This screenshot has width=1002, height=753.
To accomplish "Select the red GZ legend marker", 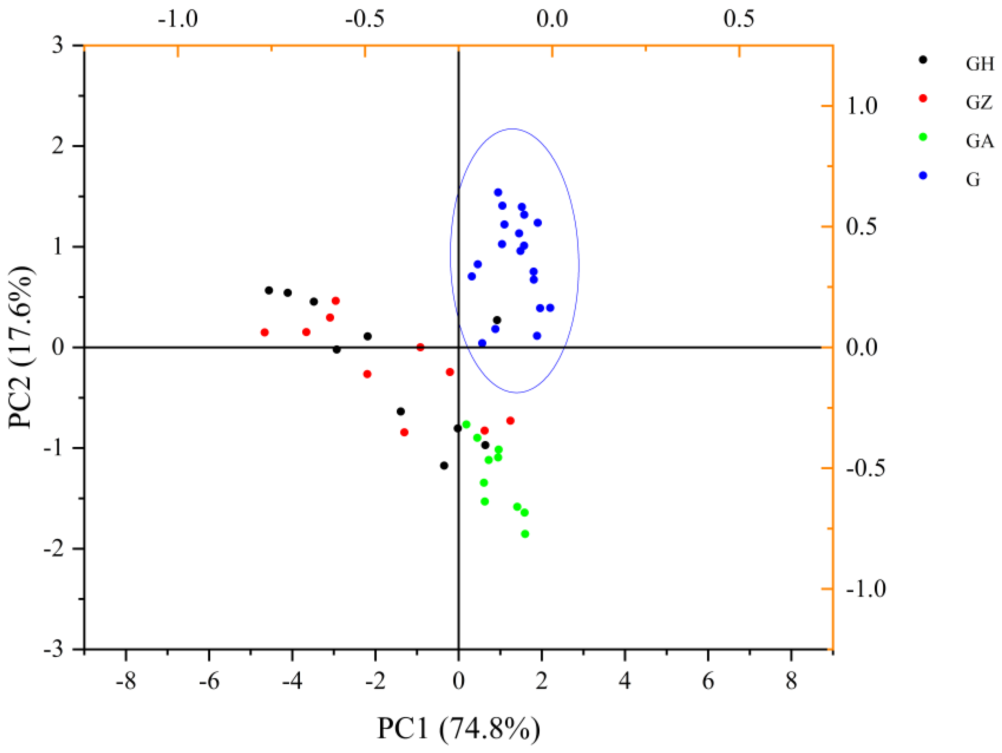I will tap(922, 98).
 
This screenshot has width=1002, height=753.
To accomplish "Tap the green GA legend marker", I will tap(922, 137).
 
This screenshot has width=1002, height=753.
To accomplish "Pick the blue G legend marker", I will tap(922, 175).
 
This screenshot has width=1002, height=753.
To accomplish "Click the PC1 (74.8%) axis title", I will tap(458, 728).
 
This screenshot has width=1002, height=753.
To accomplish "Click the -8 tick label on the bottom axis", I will tap(125, 681).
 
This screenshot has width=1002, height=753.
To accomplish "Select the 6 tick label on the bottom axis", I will tap(708, 681).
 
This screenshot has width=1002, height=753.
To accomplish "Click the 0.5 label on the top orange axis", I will tap(739, 19).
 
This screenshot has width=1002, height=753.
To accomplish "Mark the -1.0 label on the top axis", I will tap(178, 19).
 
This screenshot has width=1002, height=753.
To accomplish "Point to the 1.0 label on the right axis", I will tap(862, 106).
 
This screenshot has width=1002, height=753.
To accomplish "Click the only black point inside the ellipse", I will tap(497, 320).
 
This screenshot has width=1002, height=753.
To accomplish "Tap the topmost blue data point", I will tap(498, 193).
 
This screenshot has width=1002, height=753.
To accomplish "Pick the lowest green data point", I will tap(525, 534).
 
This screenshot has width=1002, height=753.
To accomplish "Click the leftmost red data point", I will tap(265, 333).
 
